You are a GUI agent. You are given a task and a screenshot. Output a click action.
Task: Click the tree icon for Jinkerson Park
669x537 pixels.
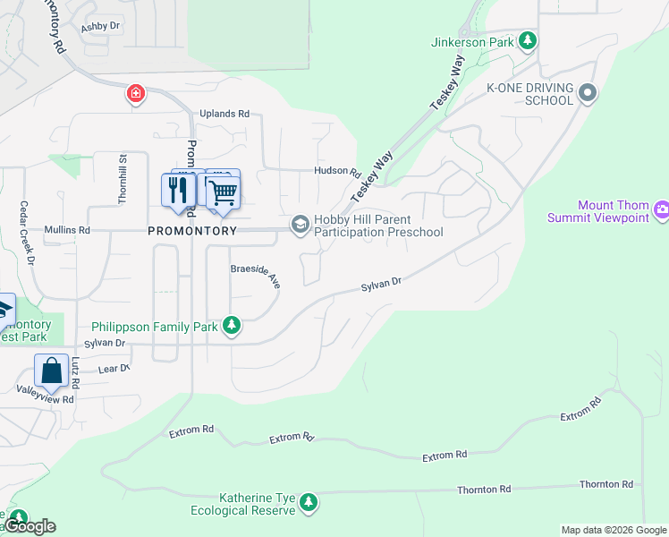[529, 40]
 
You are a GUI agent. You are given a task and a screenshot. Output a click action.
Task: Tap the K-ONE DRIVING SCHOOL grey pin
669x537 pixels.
[588, 92]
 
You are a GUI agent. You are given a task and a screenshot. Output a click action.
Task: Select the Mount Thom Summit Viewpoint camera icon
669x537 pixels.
[663, 210]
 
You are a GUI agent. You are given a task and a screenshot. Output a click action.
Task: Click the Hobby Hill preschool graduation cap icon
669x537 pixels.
[300, 224]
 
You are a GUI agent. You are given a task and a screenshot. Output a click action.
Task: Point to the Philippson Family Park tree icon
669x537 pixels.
[232, 326]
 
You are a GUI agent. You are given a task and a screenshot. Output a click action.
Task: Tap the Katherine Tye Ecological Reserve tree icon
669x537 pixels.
[309, 502]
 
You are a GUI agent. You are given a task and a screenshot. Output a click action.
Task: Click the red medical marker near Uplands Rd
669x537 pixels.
[135, 93]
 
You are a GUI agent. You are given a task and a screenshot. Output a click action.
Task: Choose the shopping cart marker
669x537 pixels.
[223, 191]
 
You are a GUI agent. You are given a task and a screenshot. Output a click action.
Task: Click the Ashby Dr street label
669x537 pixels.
[100, 27]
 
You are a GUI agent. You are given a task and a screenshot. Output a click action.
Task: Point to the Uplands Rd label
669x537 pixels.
[224, 115]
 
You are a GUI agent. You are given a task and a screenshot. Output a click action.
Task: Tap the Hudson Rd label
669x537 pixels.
[336, 172]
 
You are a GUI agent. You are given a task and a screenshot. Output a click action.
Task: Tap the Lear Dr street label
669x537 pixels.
[114, 368]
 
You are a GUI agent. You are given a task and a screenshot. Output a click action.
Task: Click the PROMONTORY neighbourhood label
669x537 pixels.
[192, 230]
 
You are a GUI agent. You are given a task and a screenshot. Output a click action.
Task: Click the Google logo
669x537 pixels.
[30, 526]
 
